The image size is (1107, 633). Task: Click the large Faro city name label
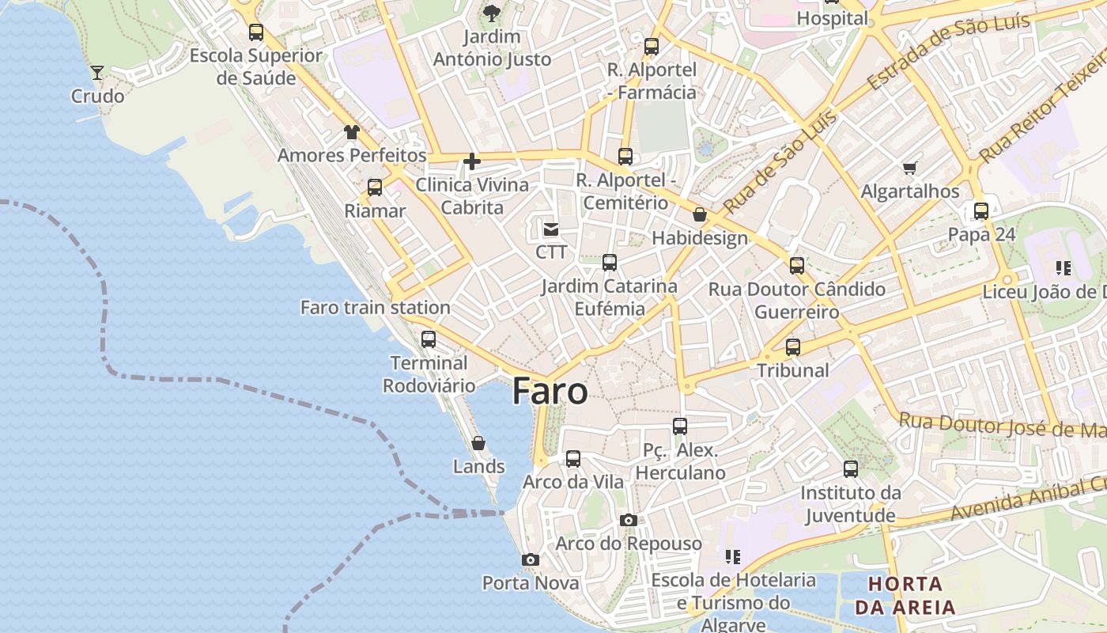pyautogui.click(x=550, y=392)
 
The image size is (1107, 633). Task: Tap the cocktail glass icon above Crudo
pyautogui.click(x=97, y=73)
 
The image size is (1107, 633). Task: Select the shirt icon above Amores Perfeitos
pyautogui.click(x=352, y=132)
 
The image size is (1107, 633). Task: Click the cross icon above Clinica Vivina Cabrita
pyautogui.click(x=472, y=162)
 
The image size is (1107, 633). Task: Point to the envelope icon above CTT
pyautogui.click(x=551, y=229)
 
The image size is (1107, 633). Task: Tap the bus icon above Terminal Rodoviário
pyautogui.click(x=429, y=339)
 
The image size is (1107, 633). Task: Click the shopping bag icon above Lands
pyautogui.click(x=478, y=443)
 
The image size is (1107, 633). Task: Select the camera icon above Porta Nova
pyautogui.click(x=531, y=560)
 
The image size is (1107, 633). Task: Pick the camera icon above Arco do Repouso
pyautogui.click(x=629, y=520)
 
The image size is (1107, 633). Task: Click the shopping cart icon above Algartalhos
pyautogui.click(x=909, y=168)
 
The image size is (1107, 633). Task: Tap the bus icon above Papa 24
pyautogui.click(x=981, y=211)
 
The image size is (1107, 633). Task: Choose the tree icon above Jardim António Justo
pyautogui.click(x=492, y=13)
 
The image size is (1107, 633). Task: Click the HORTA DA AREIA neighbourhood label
pyautogui.click(x=905, y=596)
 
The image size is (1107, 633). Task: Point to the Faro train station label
pyautogui.click(x=376, y=307)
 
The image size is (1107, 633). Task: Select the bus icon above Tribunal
pyautogui.click(x=793, y=347)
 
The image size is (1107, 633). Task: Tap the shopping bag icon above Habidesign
pyautogui.click(x=700, y=214)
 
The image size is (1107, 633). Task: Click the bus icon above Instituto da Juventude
pyautogui.click(x=851, y=469)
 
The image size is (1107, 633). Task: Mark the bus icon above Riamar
pyautogui.click(x=375, y=188)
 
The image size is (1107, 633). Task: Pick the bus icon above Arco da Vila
pyautogui.click(x=573, y=458)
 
